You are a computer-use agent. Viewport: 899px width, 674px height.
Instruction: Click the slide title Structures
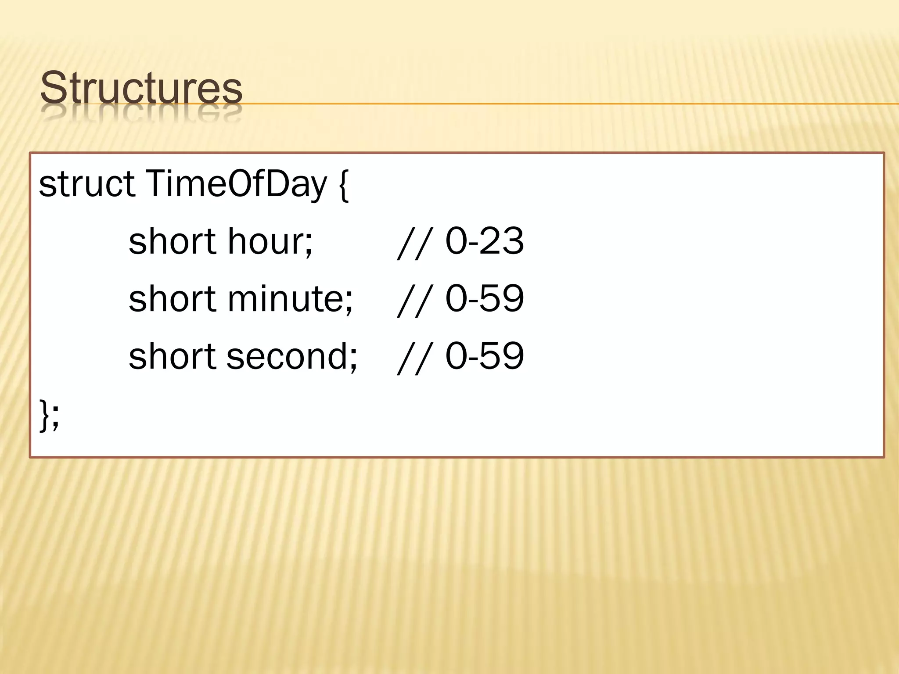(141, 87)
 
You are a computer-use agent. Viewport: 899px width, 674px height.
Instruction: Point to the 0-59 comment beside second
(484, 356)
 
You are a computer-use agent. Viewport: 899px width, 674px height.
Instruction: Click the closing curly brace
(44, 415)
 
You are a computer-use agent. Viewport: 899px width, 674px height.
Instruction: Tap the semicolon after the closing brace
(55, 418)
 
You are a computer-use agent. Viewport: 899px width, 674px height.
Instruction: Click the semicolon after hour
(309, 244)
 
